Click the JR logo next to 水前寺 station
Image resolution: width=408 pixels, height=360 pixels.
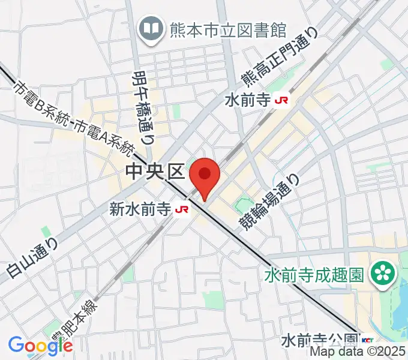280,101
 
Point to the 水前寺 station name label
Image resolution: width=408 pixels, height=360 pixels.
248,100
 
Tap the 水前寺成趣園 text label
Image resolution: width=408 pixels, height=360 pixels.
314,275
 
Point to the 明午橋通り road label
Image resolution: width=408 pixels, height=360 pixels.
142,106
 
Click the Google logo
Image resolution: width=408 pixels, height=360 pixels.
40,345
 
